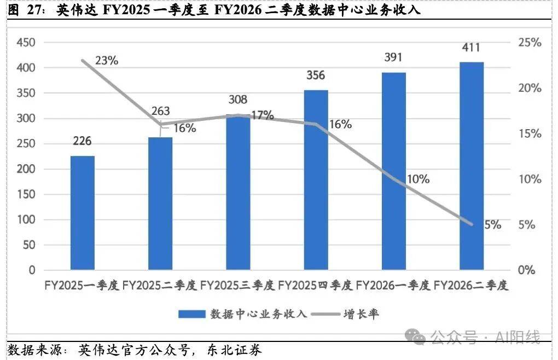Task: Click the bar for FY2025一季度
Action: [x=82, y=213]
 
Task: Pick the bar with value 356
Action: [x=316, y=180]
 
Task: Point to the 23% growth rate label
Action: [x=106, y=61]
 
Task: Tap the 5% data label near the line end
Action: [x=492, y=224]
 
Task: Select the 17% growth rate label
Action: [x=263, y=116]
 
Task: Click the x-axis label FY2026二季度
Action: [x=472, y=286]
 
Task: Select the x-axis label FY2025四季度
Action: [x=316, y=286]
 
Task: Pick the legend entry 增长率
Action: [x=362, y=314]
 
